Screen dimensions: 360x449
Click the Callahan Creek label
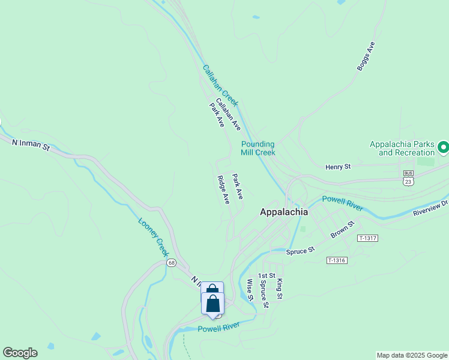(220, 86)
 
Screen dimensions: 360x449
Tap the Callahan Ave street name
(228, 115)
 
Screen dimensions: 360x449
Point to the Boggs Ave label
(366, 56)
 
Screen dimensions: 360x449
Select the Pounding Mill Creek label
(258, 148)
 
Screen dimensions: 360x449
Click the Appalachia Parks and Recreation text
(402, 148)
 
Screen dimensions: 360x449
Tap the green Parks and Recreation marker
(444, 147)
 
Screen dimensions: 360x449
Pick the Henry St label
(337, 167)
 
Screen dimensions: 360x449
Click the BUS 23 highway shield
(408, 177)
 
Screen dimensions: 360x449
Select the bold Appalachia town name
(283, 212)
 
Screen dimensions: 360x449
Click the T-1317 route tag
(367, 238)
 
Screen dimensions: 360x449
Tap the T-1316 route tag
(337, 260)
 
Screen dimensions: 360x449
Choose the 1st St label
(267, 276)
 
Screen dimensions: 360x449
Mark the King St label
(280, 288)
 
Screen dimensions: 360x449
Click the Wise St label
(250, 289)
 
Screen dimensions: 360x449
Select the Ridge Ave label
(223, 190)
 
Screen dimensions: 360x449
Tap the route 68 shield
(172, 263)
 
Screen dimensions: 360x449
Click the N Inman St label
(30, 144)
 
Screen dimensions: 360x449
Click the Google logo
(20, 353)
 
